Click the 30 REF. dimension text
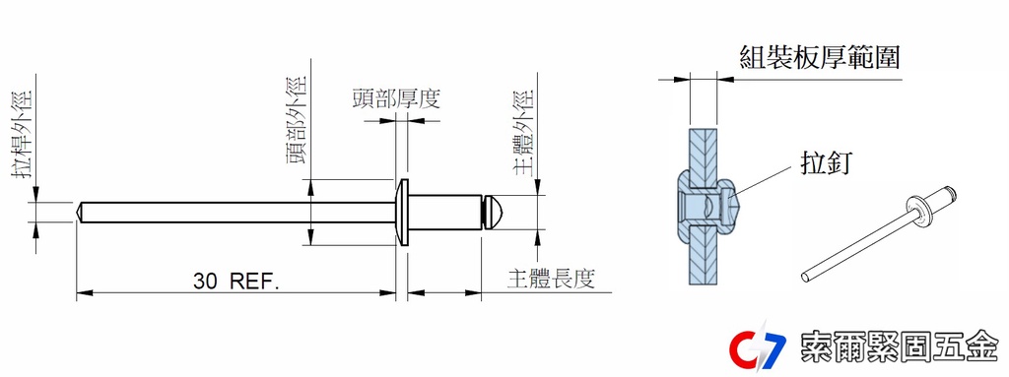coord(235,282)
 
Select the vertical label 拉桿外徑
coord(25,135)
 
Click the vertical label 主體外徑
coord(524,132)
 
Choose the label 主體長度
coord(551,279)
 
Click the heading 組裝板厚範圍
coord(819,57)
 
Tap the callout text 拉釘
coord(826,163)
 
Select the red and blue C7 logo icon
coord(758,347)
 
